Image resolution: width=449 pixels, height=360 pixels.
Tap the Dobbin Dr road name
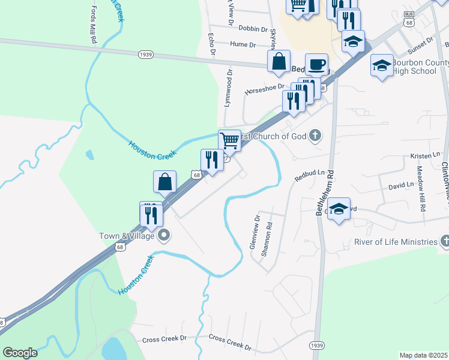(x=253, y=28)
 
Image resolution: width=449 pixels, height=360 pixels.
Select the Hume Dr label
(x=243, y=44)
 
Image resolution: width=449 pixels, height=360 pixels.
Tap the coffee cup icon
(x=317, y=64)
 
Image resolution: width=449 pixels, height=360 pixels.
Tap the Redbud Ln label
(x=310, y=176)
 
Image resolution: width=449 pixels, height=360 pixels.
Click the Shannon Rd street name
(x=267, y=240)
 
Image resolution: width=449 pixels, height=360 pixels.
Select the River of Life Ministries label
(x=394, y=242)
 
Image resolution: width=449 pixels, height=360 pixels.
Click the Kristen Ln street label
(x=425, y=156)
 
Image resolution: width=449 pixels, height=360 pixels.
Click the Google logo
(x=20, y=352)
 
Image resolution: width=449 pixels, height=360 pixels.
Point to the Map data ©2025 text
(x=423, y=355)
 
